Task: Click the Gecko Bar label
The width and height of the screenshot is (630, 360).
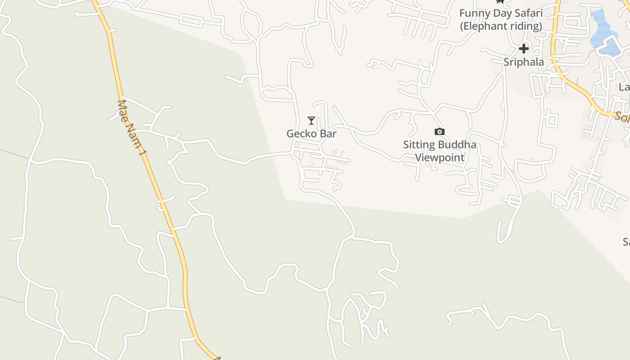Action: click(311, 134)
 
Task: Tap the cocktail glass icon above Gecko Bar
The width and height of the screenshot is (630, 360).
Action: click(311, 121)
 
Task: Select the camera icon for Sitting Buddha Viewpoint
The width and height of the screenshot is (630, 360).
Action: click(440, 131)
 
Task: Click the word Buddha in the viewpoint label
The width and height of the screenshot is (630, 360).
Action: click(455, 145)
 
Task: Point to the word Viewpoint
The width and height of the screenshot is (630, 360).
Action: click(440, 157)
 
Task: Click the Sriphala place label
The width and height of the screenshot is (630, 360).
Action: click(523, 62)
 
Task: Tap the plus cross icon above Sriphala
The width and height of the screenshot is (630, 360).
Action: click(523, 49)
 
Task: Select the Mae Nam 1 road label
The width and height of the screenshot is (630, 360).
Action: click(131, 128)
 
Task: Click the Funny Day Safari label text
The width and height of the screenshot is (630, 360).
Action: click(501, 13)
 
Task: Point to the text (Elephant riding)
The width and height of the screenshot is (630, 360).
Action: click(501, 26)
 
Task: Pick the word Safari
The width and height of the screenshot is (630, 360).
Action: click(528, 13)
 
